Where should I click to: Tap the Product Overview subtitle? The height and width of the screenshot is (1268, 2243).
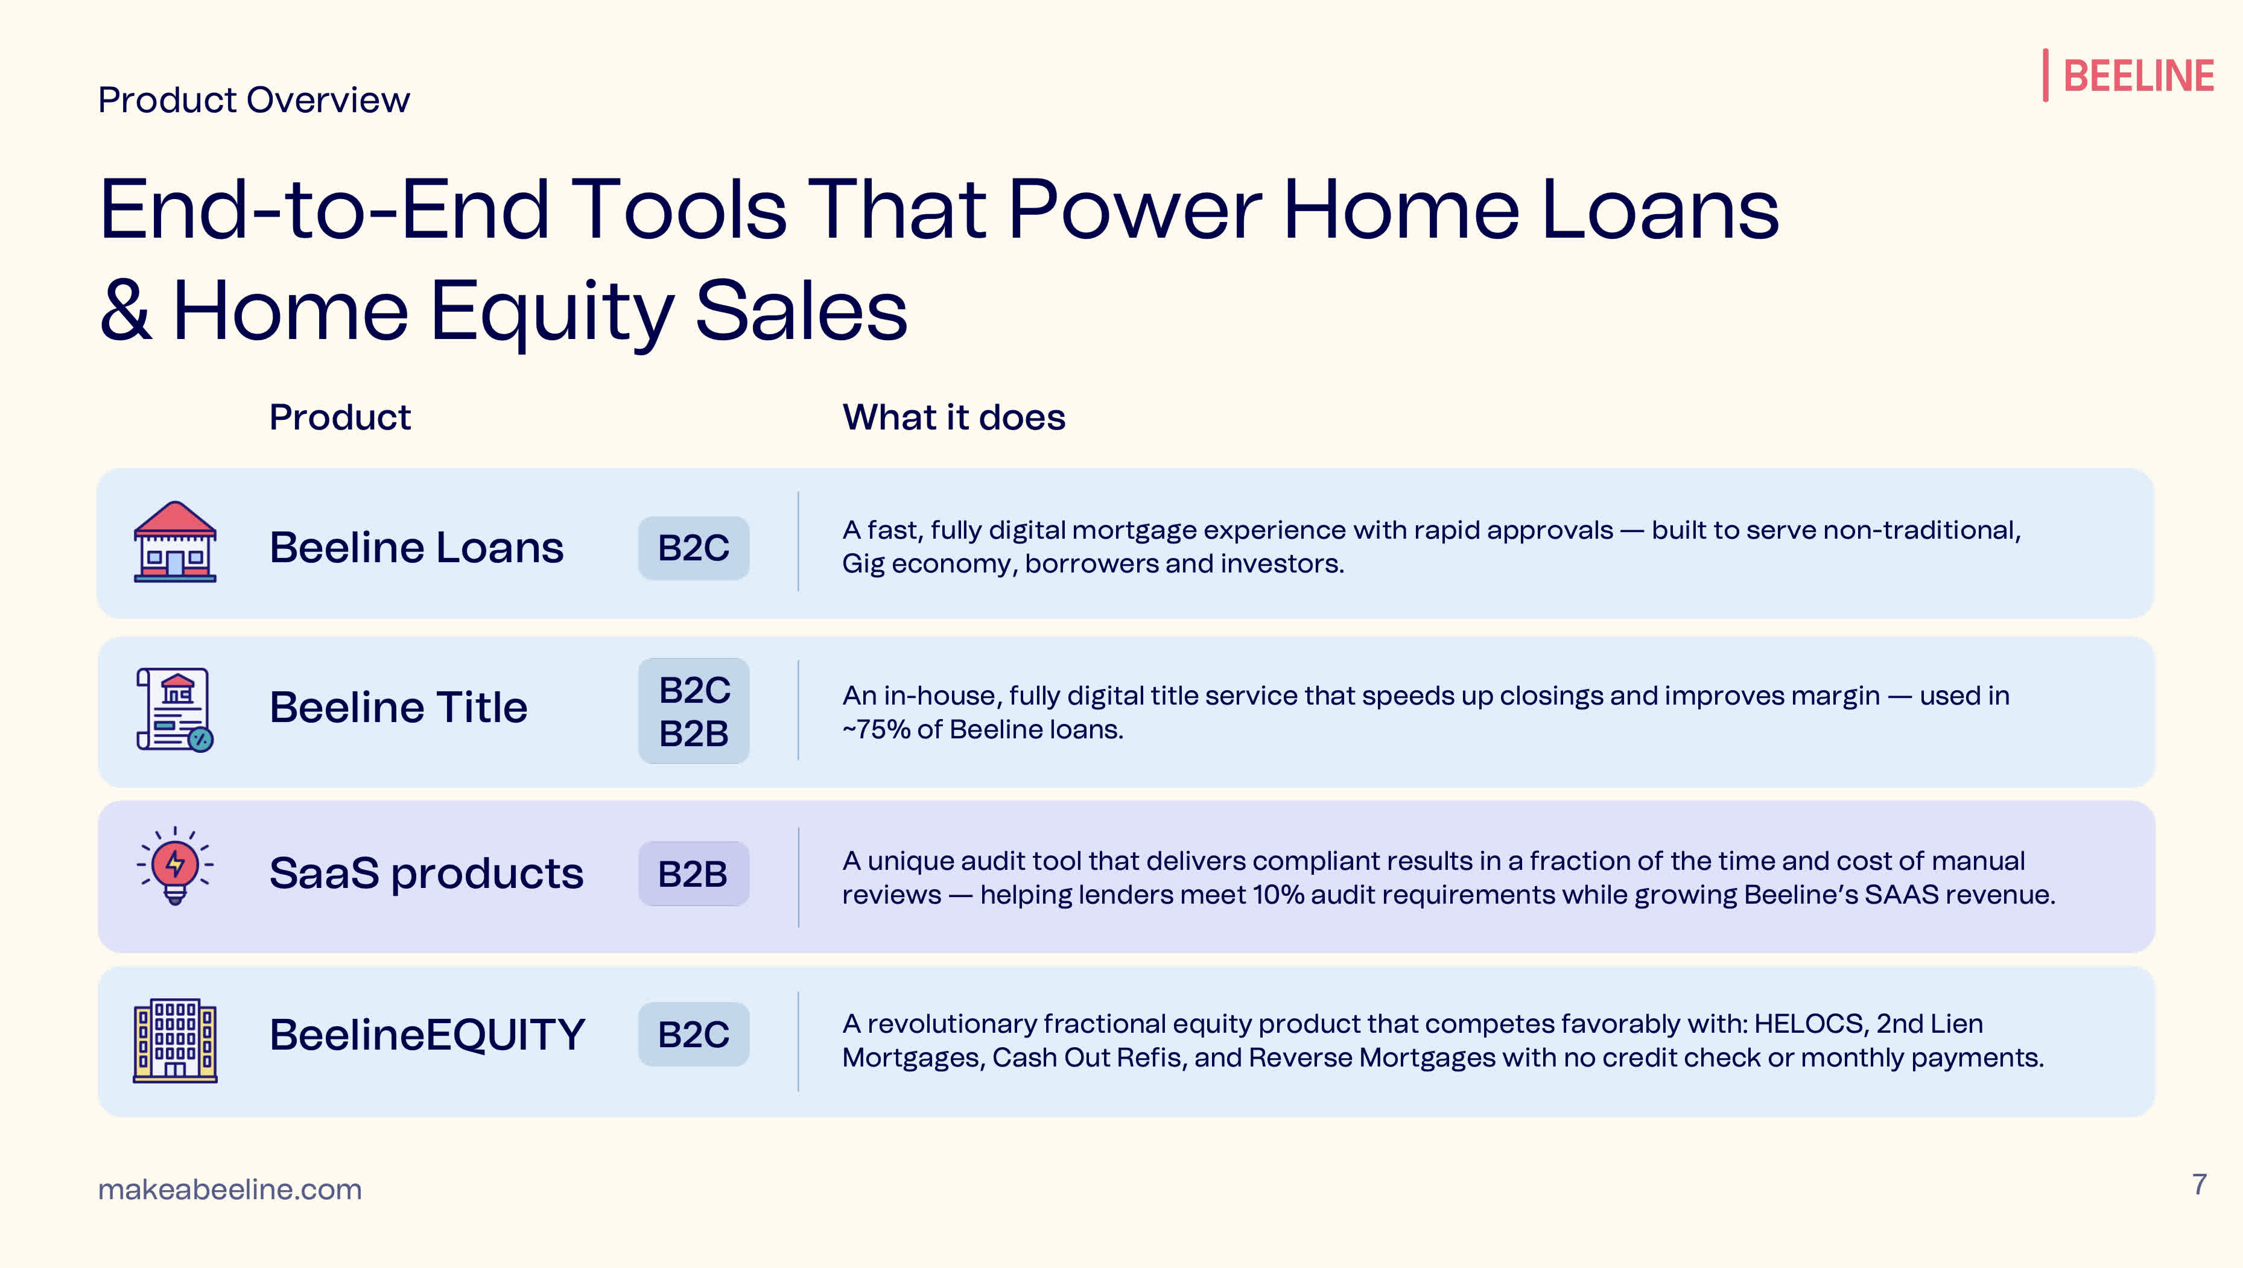pyautogui.click(x=253, y=100)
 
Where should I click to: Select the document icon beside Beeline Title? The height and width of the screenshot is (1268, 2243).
pyautogui.click(x=175, y=709)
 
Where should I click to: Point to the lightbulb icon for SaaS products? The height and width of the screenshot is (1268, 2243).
pyautogui.click(x=175, y=866)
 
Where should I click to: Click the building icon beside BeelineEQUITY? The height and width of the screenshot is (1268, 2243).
pyautogui.click(x=175, y=1040)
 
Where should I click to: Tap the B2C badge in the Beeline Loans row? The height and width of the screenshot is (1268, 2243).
pyautogui.click(x=693, y=548)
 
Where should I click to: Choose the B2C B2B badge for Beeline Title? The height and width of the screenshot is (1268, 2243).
pyautogui.click(x=693, y=711)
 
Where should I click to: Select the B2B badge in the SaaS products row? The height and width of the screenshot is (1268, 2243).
pyautogui.click(x=693, y=873)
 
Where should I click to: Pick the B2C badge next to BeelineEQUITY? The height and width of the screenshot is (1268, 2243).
pyautogui.click(x=693, y=1035)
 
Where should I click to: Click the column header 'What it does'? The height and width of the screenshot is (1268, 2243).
pyautogui.click(x=953, y=417)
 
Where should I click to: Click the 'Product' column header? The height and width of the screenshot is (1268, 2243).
pyautogui.click(x=340, y=417)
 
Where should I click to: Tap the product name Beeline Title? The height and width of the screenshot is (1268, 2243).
pyautogui.click(x=398, y=707)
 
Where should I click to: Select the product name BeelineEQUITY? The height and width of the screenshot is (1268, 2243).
pyautogui.click(x=427, y=1035)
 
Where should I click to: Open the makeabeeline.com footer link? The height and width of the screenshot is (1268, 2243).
pyautogui.click(x=230, y=1189)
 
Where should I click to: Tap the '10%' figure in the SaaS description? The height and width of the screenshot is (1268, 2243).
pyautogui.click(x=1278, y=895)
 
